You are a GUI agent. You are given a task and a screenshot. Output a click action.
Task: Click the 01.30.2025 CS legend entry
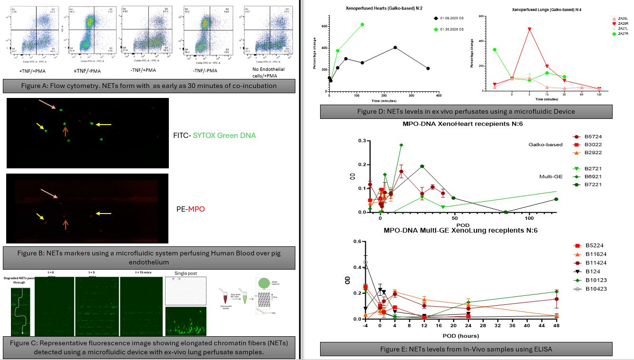455,29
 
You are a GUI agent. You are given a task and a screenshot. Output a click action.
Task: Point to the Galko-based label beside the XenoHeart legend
546,145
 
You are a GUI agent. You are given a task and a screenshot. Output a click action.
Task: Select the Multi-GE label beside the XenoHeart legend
551,176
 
